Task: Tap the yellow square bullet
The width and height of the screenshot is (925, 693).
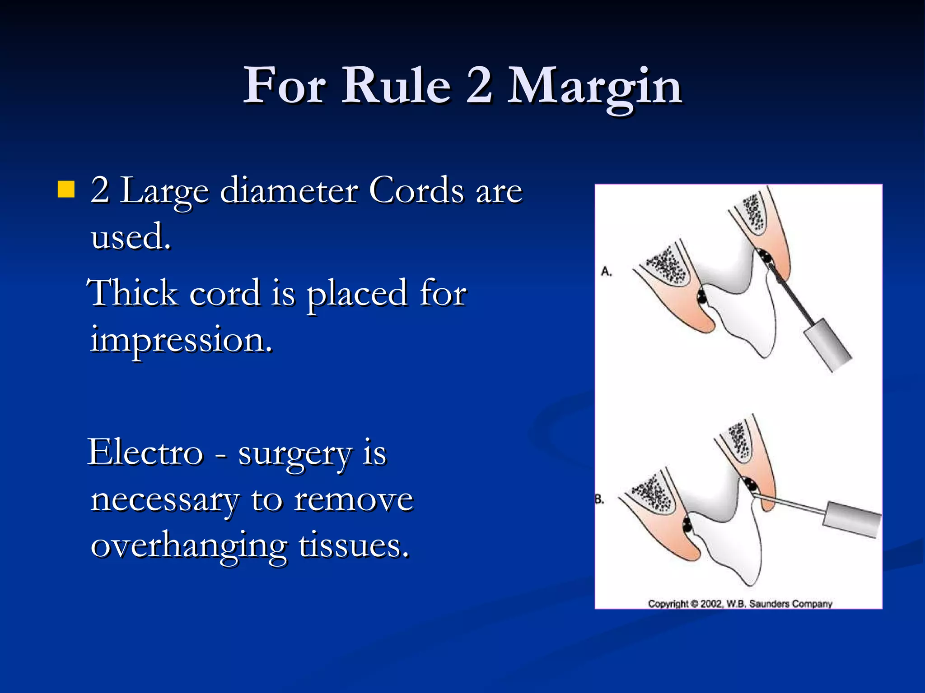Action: click(66, 189)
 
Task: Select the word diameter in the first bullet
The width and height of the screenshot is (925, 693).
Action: click(289, 191)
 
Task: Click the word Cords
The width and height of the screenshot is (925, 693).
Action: click(416, 191)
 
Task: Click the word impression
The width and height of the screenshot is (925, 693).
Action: click(181, 340)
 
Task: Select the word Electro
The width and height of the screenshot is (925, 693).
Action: click(145, 453)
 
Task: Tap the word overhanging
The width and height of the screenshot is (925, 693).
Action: click(189, 546)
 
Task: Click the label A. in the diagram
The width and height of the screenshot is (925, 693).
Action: click(606, 272)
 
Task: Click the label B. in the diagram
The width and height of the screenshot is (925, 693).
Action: click(599, 499)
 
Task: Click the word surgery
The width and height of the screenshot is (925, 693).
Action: click(294, 453)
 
